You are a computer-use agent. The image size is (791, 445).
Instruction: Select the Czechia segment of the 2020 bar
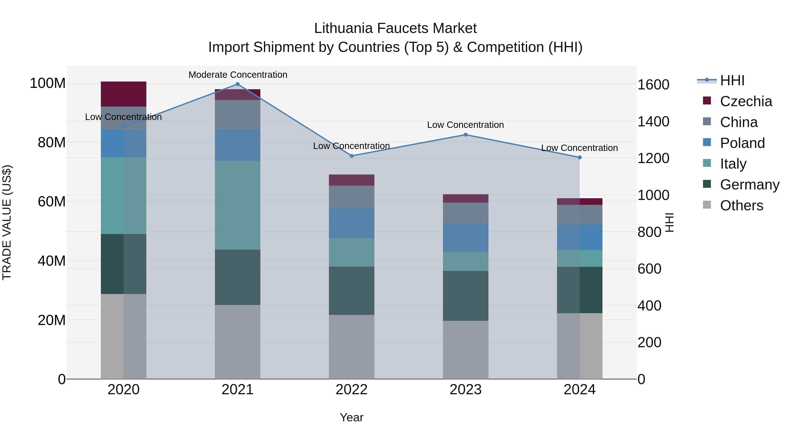pos(123,94)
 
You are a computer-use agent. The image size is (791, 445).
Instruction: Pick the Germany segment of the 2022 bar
pos(352,291)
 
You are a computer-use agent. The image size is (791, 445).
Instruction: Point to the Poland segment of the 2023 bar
pos(466,237)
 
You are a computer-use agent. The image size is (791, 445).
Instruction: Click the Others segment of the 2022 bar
pos(352,347)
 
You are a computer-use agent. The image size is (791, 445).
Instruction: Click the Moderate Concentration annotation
pos(238,75)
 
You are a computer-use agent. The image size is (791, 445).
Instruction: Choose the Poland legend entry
pos(742,143)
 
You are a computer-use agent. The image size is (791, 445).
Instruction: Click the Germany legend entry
pos(749,185)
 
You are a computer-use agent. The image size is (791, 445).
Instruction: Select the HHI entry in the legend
pos(732,80)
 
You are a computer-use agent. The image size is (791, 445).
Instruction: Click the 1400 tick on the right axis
pos(653,122)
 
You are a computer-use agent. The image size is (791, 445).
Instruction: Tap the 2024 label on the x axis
pos(579,390)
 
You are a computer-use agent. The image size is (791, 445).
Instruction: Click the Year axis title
pos(351,417)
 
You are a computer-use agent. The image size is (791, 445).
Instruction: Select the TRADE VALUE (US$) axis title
pos(7,222)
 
